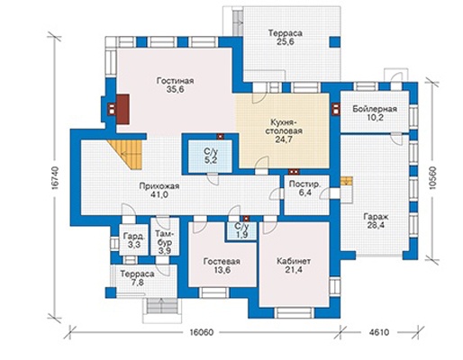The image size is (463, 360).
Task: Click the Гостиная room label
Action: (176, 81)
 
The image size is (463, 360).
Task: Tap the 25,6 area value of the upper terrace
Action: (285, 41)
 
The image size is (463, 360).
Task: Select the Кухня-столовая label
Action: (286, 127)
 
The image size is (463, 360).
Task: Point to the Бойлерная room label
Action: (375, 109)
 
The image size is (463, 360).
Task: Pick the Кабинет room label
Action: (294, 261)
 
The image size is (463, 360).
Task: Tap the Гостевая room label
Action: (222, 261)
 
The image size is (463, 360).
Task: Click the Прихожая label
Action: (159, 186)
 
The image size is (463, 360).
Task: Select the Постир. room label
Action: (304, 184)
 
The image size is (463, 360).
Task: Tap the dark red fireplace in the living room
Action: (123, 109)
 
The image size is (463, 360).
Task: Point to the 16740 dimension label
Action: (54, 177)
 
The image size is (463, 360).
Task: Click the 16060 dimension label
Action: (202, 332)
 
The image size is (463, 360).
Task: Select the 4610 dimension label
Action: (379, 332)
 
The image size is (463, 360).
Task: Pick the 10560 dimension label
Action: (432, 177)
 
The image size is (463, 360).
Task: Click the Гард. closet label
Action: (134, 236)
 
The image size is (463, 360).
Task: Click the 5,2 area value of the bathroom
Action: (212, 160)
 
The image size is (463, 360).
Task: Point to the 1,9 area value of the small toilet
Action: (241, 235)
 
